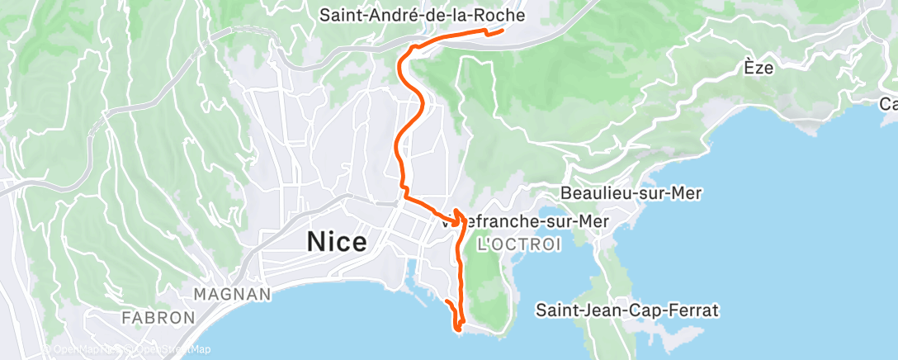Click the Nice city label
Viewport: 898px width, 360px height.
pos(337,242)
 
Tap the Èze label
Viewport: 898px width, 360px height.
pos(758,68)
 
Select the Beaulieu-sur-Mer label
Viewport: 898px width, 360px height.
pos(631,193)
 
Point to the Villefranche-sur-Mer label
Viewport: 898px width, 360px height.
pos(525,221)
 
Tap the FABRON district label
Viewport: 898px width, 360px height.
pos(158,317)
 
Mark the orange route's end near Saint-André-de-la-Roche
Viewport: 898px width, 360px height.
pos(502,31)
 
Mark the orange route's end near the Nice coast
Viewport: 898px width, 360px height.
pos(446,302)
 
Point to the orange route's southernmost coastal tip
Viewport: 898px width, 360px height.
pos(456,329)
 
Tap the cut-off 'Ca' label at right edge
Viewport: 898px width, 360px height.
pos(888,104)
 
